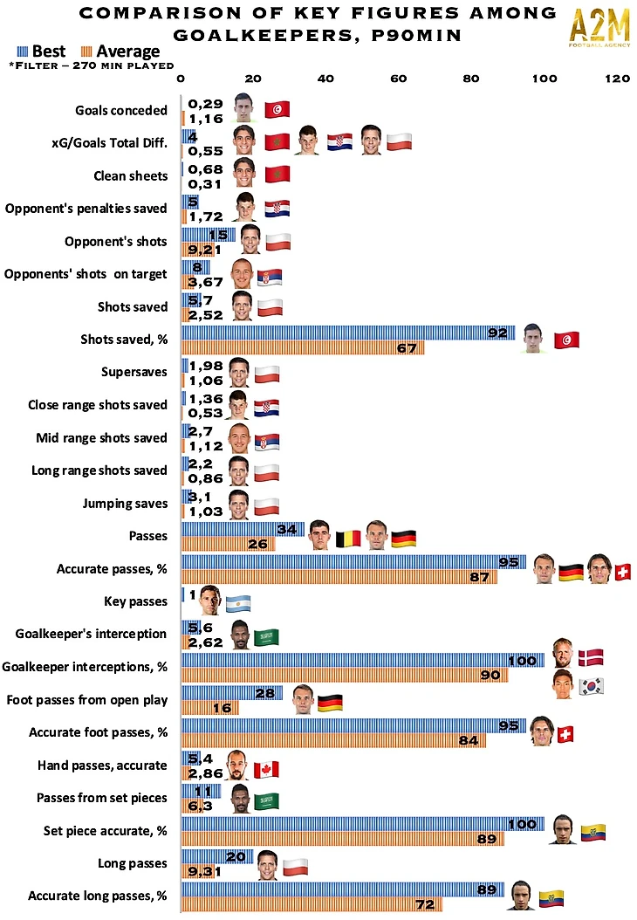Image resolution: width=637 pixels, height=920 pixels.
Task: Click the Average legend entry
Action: tap(120, 51)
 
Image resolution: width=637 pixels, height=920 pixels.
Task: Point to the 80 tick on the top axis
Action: tap(471, 79)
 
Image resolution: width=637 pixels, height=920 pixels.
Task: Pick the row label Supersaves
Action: tap(134, 372)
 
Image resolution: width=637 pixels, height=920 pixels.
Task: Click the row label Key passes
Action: tap(135, 601)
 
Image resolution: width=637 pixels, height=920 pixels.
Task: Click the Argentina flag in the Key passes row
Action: tap(237, 602)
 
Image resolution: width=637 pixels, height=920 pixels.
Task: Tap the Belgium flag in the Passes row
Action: tap(348, 538)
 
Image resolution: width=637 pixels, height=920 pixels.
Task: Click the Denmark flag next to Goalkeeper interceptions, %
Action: tap(591, 657)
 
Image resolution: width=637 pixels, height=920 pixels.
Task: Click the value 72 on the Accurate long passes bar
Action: tap(426, 904)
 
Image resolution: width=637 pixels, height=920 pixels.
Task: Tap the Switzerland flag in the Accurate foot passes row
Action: tap(565, 734)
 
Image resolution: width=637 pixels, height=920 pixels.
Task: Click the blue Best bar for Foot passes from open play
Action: tap(231, 692)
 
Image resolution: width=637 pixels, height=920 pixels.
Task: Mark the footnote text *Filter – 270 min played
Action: tap(90, 65)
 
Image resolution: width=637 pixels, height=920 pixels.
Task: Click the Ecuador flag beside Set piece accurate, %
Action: tap(592, 833)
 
